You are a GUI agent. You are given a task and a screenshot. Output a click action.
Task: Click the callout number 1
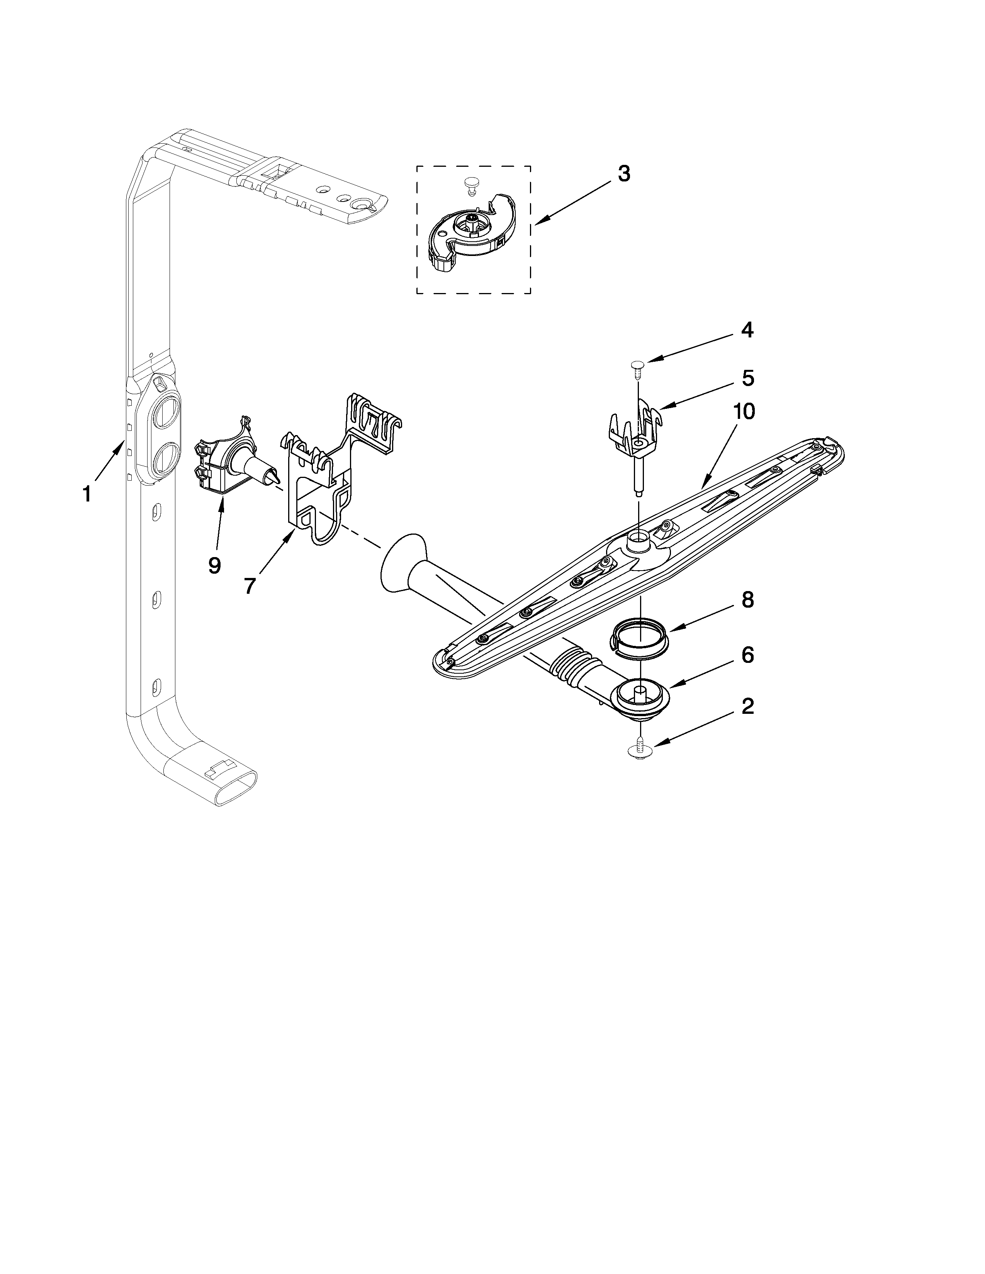click(x=87, y=494)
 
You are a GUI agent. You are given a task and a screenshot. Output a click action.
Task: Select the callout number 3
click(x=624, y=174)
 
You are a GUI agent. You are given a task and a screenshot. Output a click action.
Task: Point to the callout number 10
click(x=744, y=412)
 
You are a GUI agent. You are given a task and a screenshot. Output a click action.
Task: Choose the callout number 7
click(x=250, y=585)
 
